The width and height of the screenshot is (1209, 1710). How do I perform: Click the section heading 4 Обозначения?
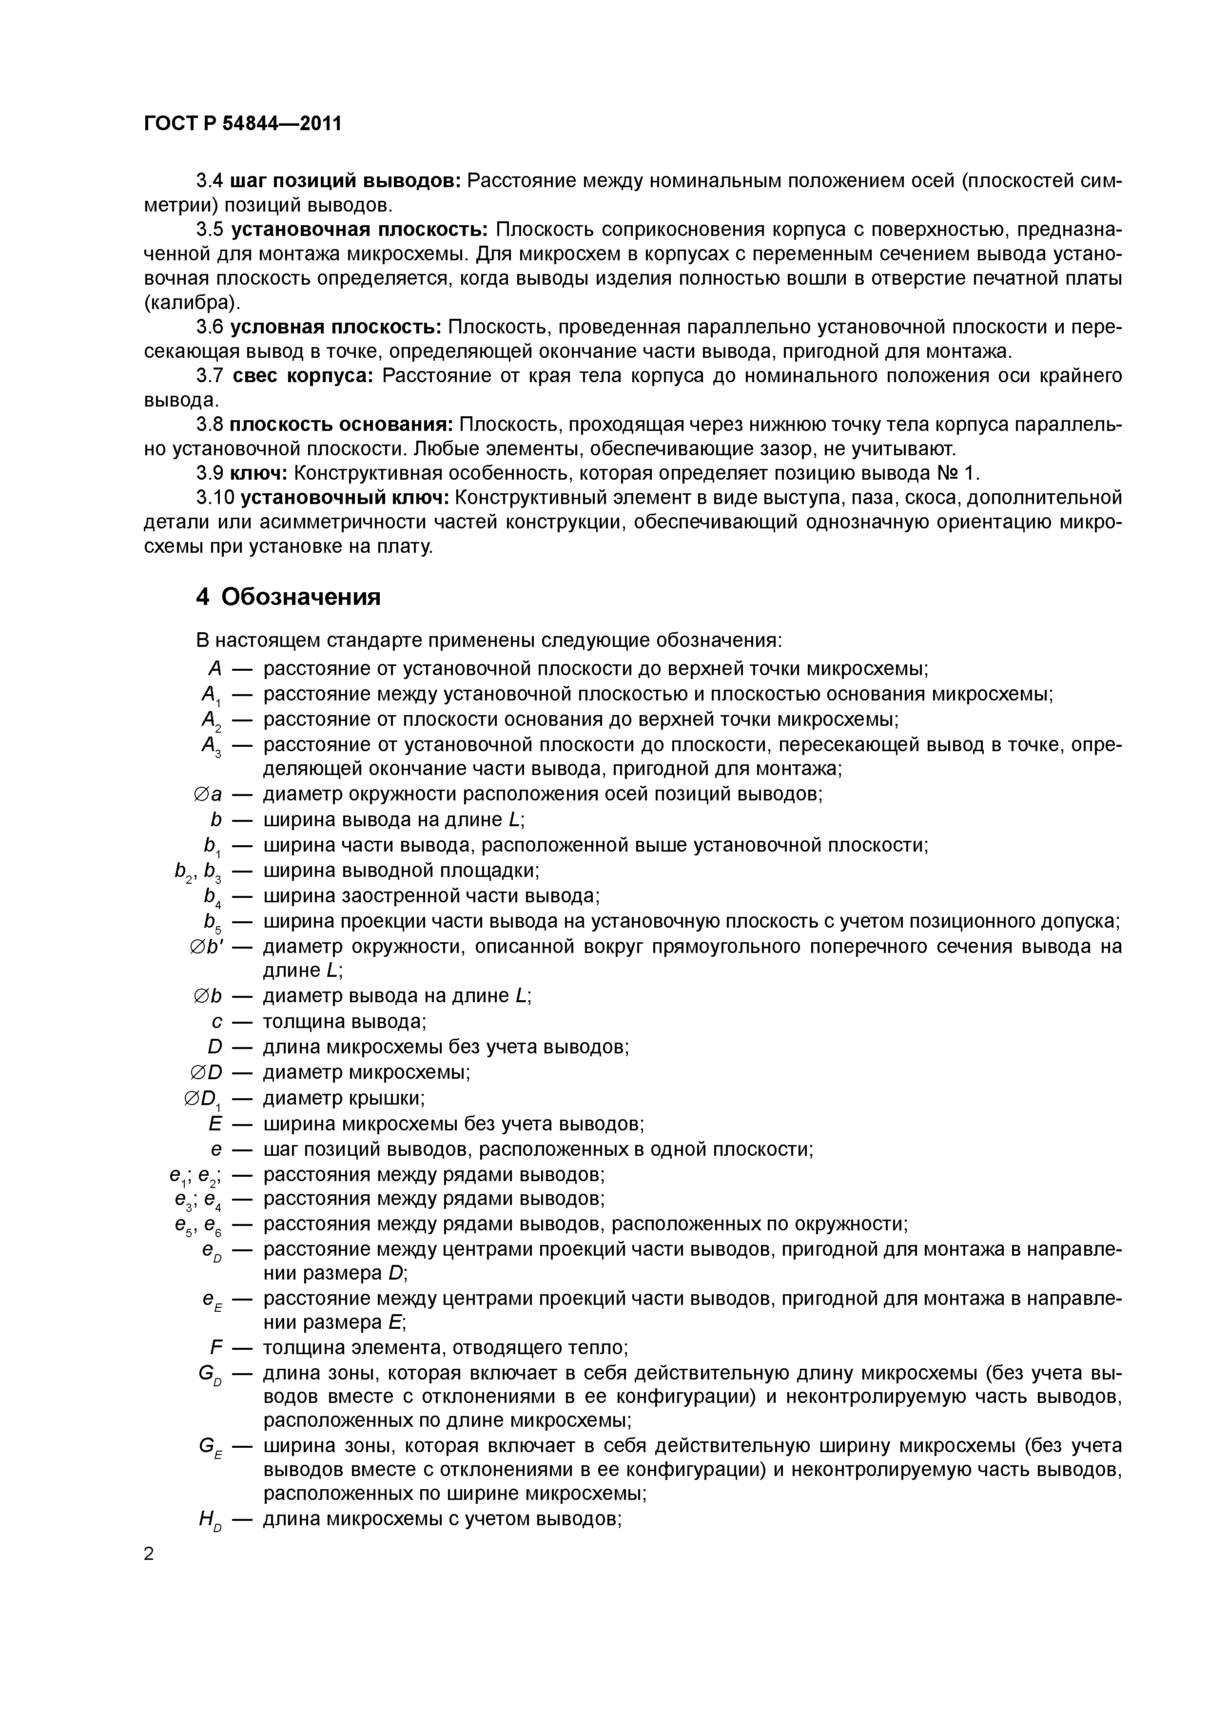point(288,597)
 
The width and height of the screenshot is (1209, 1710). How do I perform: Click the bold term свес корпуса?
point(302,376)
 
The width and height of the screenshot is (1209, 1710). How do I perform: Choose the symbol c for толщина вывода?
point(217,1022)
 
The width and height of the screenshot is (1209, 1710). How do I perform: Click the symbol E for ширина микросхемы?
point(216,1123)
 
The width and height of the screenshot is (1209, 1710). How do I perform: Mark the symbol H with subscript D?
point(210,1521)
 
